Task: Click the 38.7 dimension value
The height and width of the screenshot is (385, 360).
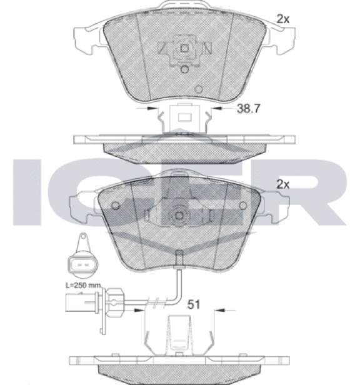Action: (248, 108)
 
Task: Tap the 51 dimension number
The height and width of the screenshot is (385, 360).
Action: (194, 305)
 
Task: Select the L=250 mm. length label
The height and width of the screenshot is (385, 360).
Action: (84, 285)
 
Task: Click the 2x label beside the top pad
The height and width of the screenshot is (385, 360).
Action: (283, 19)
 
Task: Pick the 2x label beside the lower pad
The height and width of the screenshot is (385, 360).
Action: (283, 184)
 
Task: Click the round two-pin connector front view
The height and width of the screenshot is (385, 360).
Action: (82, 265)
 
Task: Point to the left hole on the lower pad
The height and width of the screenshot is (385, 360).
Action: (116, 205)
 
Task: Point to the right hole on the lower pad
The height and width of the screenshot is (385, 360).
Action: (243, 205)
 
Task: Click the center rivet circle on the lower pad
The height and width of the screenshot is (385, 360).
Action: (179, 216)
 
